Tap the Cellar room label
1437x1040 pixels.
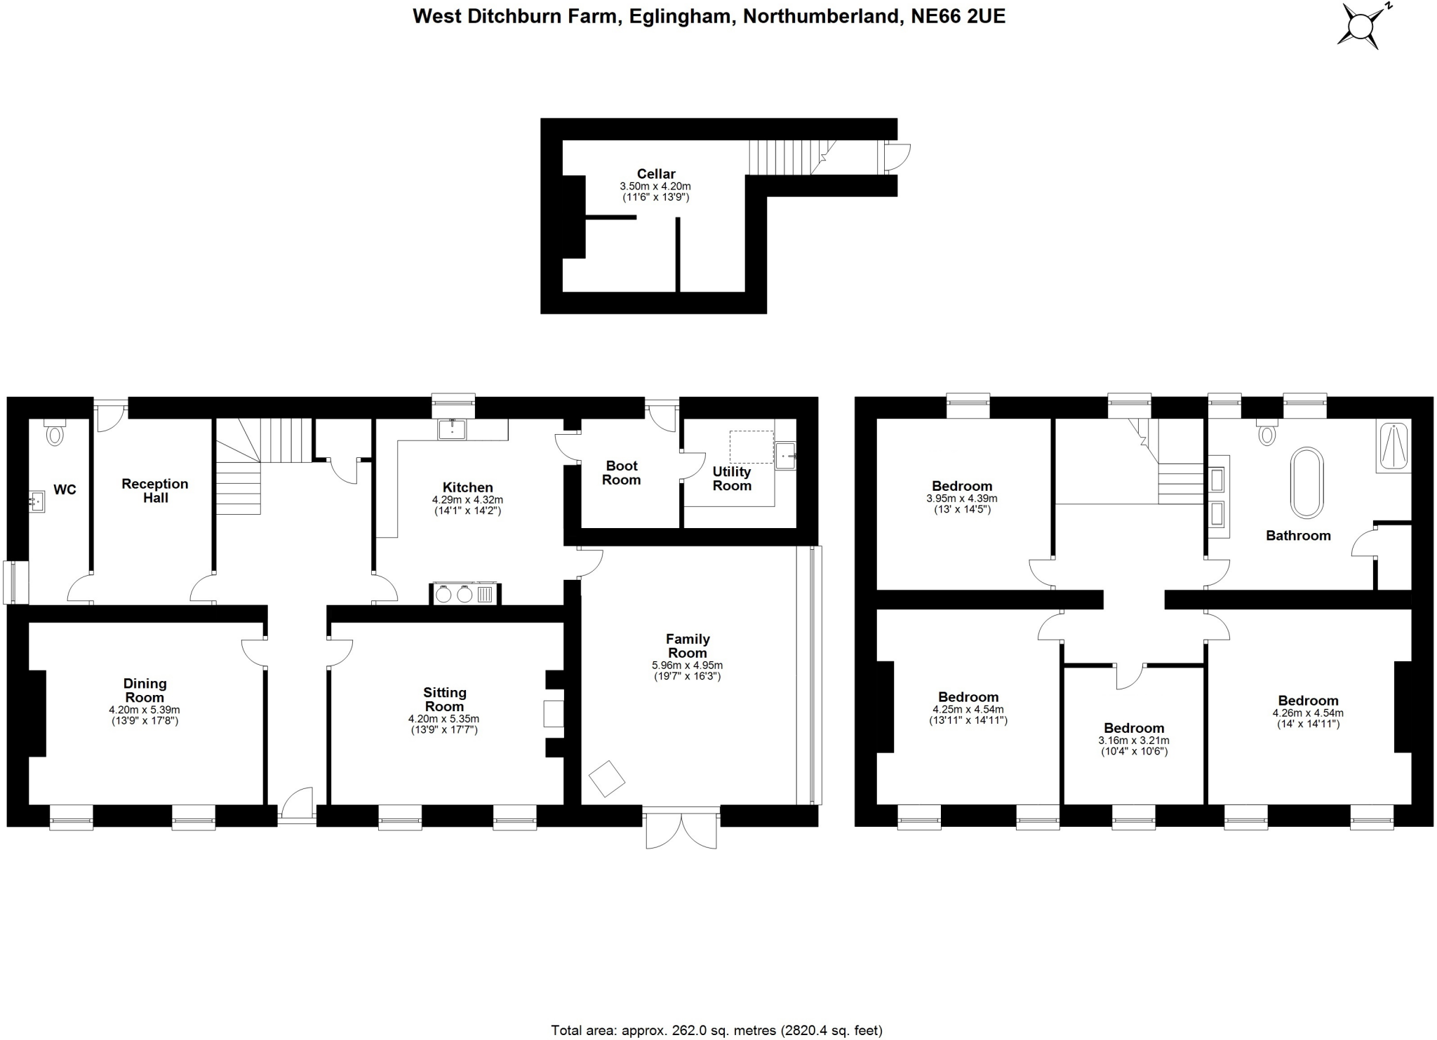tap(656, 174)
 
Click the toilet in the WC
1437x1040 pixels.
tap(54, 434)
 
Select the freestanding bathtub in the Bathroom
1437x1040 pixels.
tap(1306, 482)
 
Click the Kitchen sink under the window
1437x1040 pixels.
tap(452, 429)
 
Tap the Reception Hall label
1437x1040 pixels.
tap(155, 490)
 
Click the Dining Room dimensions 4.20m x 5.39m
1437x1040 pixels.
tap(145, 710)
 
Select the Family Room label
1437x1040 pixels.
tap(688, 645)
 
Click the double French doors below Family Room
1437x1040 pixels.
tap(681, 830)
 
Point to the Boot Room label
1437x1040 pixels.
tap(622, 473)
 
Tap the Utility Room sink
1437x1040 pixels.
tap(786, 456)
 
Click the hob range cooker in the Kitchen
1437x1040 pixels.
tap(464, 594)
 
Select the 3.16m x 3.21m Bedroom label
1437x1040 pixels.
tap(1133, 728)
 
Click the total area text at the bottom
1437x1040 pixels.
tap(716, 1030)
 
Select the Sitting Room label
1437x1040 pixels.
tap(444, 699)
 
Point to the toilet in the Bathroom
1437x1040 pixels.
tap(1266, 433)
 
